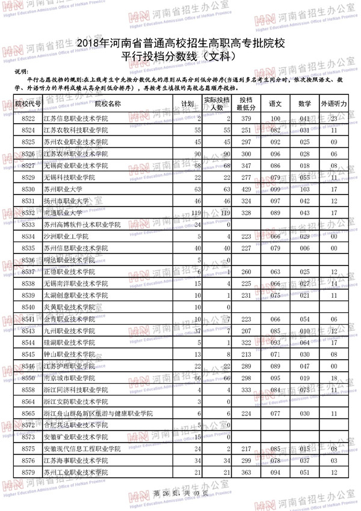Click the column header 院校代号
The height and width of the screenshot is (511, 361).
[28, 103]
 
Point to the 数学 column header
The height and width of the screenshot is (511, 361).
[304, 103]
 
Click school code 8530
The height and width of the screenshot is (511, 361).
[28, 189]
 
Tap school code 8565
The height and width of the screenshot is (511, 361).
[28, 413]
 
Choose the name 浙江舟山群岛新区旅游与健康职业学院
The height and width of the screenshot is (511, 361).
[99, 413]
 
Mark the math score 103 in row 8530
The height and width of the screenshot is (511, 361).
[304, 189]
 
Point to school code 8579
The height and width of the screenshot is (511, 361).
[28, 473]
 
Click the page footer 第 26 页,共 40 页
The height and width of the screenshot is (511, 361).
[180, 493]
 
